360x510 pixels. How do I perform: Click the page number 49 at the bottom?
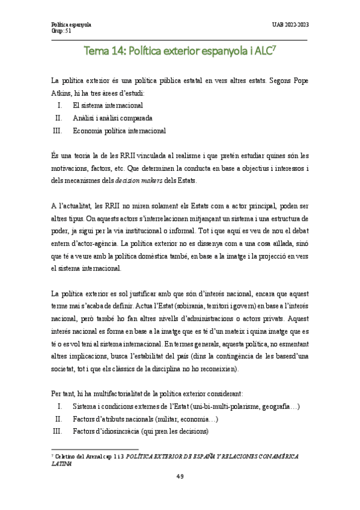(180, 476)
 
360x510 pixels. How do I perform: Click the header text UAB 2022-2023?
(290, 25)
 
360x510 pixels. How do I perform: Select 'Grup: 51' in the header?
(62, 31)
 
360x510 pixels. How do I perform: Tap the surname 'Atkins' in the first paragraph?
(63, 92)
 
